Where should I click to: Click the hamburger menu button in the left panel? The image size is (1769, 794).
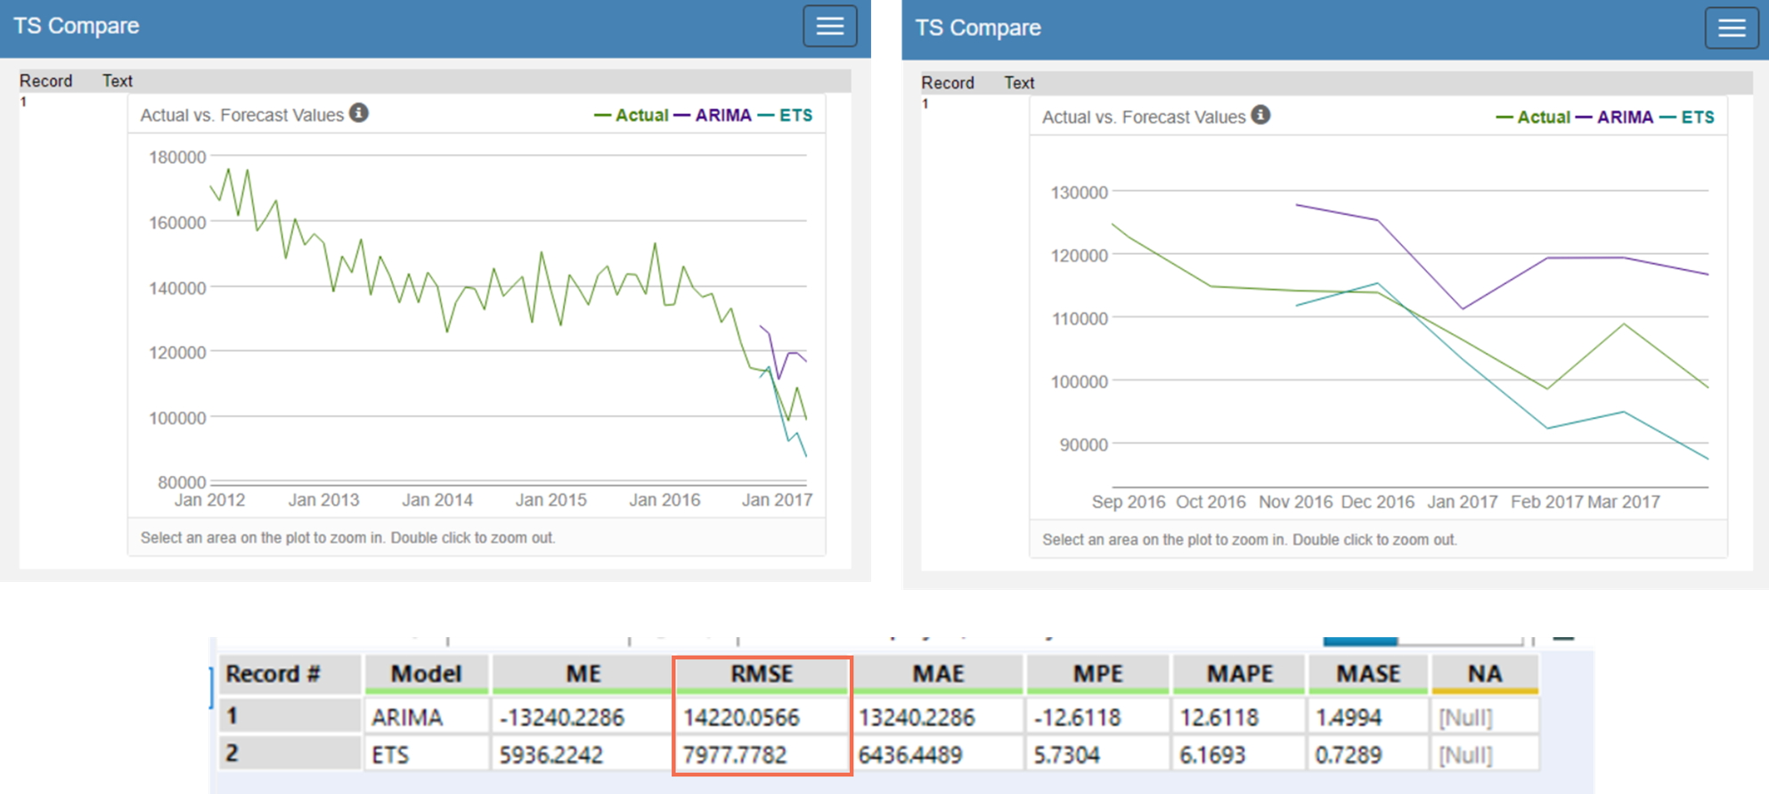(x=829, y=26)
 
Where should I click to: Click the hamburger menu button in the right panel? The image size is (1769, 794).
(x=1731, y=28)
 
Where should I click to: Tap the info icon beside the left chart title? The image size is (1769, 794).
(x=359, y=113)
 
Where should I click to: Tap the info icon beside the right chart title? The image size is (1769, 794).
(x=1260, y=115)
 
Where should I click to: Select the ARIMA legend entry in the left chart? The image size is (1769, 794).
(x=722, y=115)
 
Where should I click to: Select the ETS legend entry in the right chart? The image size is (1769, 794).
(x=1697, y=117)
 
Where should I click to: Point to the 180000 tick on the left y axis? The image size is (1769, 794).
(x=177, y=157)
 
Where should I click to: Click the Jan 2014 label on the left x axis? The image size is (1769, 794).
(x=436, y=500)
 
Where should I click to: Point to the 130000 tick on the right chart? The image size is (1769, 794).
(x=1079, y=192)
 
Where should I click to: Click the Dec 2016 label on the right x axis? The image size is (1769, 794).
(x=1377, y=502)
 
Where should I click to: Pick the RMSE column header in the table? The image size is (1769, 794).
(x=762, y=674)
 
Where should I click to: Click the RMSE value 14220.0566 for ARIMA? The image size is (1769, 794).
(x=741, y=716)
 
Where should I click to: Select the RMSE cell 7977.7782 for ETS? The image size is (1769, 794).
(x=735, y=755)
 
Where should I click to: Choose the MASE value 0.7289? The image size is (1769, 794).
(x=1348, y=755)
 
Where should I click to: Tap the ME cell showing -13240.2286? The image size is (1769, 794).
(x=562, y=716)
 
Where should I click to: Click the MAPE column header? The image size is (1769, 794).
(x=1239, y=674)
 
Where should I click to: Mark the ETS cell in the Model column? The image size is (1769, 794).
(x=390, y=755)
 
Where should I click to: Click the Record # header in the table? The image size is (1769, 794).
(x=273, y=674)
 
